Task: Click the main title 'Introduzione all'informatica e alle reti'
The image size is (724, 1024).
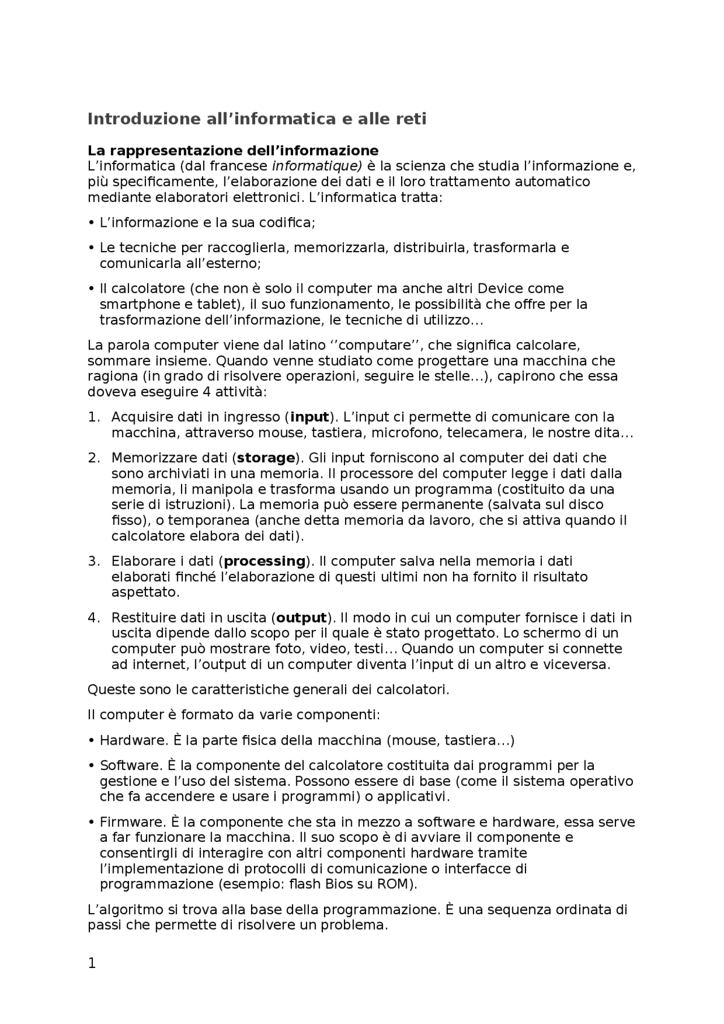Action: (257, 119)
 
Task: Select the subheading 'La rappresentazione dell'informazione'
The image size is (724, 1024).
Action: (233, 150)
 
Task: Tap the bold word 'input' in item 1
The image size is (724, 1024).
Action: (309, 417)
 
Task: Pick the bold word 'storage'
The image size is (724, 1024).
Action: (266, 457)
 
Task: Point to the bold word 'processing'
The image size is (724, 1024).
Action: (265, 561)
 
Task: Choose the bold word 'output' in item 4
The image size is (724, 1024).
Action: (301, 617)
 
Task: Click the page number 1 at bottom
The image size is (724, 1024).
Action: (92, 963)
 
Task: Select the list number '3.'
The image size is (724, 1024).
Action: (94, 561)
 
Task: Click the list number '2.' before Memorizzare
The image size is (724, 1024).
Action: (94, 457)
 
